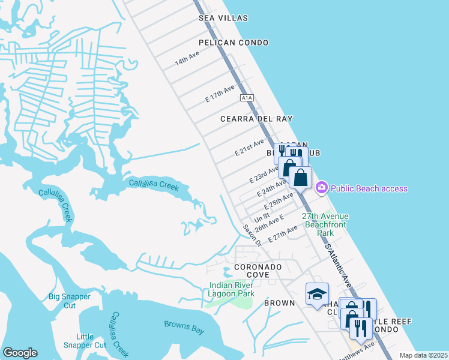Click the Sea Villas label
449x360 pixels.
pos(223,19)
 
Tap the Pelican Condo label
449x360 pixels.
pos(237,43)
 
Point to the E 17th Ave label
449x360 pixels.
pos(220,93)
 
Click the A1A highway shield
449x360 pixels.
pos(246,97)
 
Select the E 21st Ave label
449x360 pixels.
pos(250,147)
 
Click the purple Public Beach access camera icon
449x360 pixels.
pos(321,188)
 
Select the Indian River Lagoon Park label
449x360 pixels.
pos(232,289)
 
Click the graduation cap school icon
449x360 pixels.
pos(317,293)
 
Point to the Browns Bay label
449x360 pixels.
pos(184,327)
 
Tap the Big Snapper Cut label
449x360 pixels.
pos(70,301)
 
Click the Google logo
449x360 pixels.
pos(20,353)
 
